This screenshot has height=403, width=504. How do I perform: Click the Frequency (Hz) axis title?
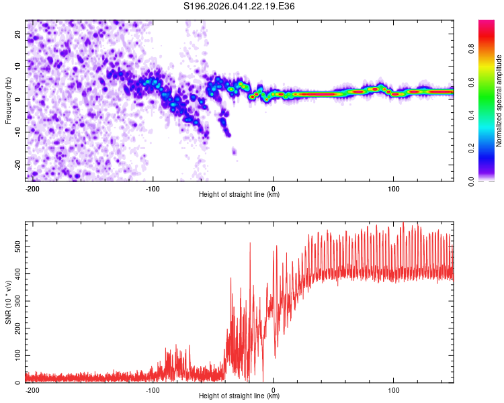8,100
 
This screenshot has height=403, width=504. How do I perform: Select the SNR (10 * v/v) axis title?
8,302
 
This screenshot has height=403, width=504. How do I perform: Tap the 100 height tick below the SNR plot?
393,390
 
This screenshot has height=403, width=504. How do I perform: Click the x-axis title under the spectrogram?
239,195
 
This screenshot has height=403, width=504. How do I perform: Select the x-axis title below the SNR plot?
239,396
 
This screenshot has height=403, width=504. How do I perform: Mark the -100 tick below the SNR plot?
153,390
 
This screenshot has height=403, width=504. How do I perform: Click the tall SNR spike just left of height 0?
250,243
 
